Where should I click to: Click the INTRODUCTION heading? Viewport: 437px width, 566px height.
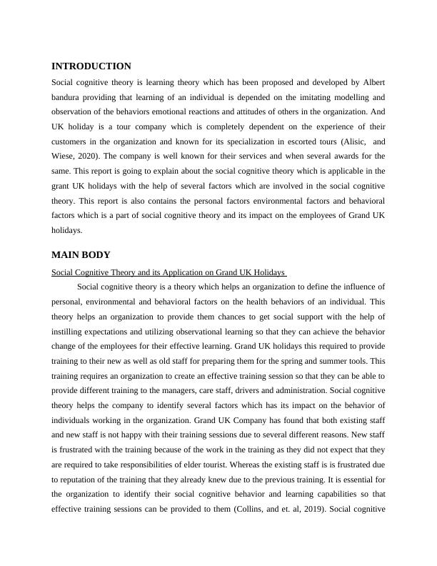point(91,66)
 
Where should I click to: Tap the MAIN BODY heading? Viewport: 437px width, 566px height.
point(81,254)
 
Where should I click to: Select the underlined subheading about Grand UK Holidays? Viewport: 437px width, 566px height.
point(169,272)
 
